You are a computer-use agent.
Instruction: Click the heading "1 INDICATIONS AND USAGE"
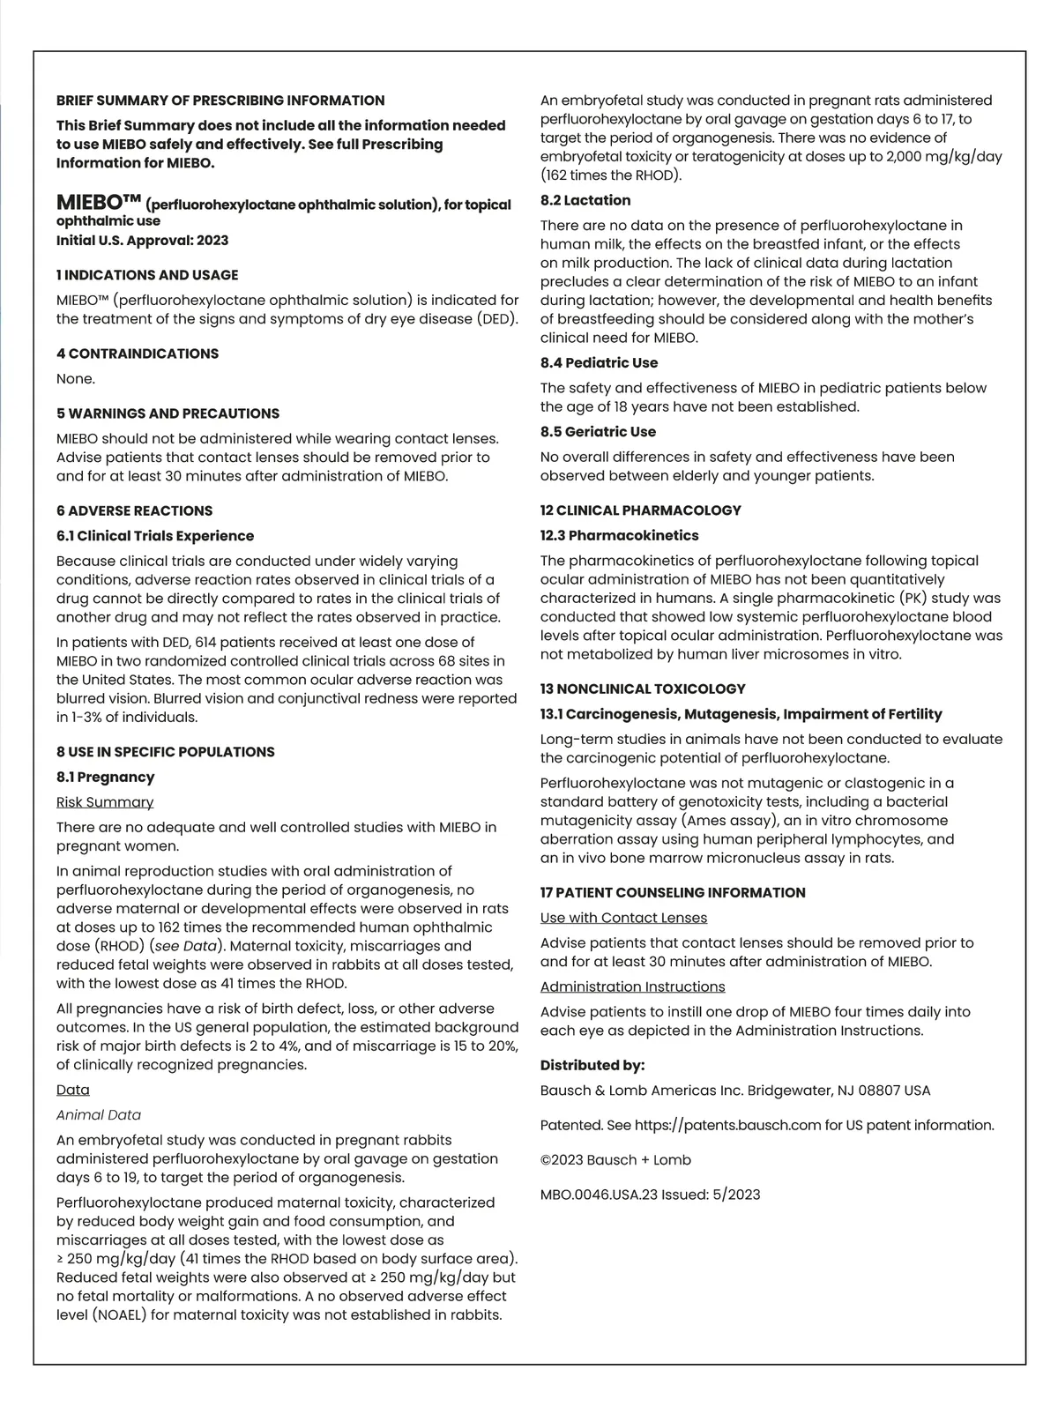point(147,275)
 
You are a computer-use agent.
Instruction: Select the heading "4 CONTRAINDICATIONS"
point(138,354)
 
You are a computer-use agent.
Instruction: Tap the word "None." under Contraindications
point(76,379)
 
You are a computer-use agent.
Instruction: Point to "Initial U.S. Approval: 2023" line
point(143,241)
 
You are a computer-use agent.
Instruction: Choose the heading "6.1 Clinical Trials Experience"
point(155,536)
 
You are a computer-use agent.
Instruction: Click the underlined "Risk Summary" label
point(105,802)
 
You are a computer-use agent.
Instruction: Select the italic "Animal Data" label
point(99,1115)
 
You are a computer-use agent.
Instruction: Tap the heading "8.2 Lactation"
point(585,200)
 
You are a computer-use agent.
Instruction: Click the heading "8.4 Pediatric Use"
point(599,363)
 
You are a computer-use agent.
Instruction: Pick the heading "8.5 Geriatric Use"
point(598,432)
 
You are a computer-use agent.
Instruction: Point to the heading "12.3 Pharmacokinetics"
point(619,535)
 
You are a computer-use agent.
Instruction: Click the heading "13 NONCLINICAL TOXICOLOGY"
point(643,689)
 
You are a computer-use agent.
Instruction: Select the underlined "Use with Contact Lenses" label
point(623,918)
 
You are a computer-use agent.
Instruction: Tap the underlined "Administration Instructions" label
point(632,986)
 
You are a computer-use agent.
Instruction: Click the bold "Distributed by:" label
point(592,1065)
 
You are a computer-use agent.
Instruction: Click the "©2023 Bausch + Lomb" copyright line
point(615,1160)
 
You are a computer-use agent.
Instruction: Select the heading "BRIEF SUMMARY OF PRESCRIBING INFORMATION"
point(220,101)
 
